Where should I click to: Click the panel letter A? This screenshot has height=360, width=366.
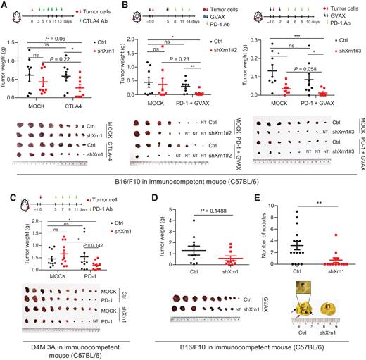tap(5, 5)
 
